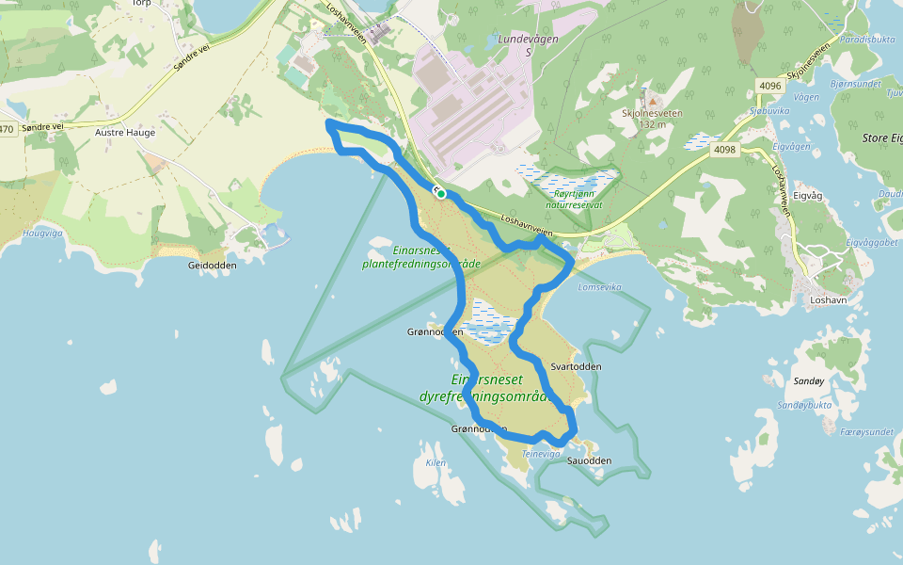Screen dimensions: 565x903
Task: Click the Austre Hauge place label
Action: click(x=125, y=133)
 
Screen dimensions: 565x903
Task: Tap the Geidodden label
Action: click(x=212, y=265)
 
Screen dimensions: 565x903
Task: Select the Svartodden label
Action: click(x=575, y=366)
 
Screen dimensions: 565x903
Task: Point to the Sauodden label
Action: click(x=590, y=460)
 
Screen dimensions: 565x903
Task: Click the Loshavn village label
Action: click(x=830, y=301)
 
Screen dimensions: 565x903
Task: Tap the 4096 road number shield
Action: click(x=768, y=86)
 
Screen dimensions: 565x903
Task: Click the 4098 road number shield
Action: click(x=724, y=149)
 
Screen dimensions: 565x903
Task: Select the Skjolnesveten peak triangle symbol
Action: click(x=651, y=100)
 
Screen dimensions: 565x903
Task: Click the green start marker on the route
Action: click(x=439, y=192)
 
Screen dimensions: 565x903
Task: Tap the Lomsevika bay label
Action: click(x=602, y=286)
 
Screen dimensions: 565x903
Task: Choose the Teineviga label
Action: click(x=542, y=453)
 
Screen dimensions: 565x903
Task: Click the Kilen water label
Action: click(x=436, y=462)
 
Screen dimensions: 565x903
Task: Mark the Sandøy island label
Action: click(x=809, y=381)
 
